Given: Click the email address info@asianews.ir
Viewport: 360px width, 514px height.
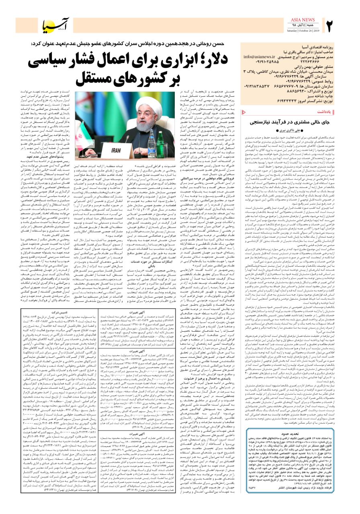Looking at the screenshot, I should [259, 57].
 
